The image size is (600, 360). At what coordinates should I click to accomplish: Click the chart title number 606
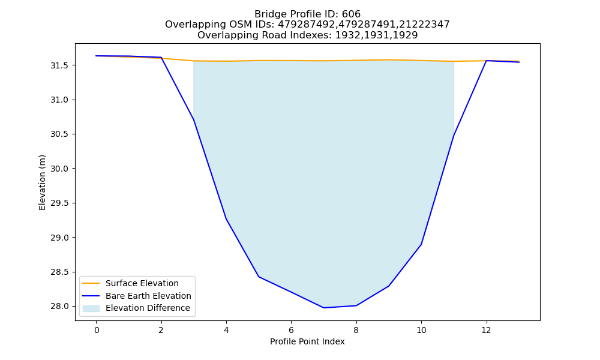351,14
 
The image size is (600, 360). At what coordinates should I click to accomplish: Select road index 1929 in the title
404,35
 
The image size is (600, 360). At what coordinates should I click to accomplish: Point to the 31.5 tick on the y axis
59,65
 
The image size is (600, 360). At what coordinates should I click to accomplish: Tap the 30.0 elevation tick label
59,169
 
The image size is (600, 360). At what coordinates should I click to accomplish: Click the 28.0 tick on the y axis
59,307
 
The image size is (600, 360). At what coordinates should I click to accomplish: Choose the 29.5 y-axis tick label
59,203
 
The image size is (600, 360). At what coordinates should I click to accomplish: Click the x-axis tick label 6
291,330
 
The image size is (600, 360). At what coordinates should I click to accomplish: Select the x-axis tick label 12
486,330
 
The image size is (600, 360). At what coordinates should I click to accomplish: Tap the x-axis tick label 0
97,330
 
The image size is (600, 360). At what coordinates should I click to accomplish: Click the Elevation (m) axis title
42,182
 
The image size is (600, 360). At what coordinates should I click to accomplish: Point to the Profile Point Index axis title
307,341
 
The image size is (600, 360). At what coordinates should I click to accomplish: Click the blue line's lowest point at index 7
324,308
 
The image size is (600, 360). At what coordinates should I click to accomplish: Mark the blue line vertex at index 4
226,219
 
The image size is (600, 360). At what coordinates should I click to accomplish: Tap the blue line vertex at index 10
421,244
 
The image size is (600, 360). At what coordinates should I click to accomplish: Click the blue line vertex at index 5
259,277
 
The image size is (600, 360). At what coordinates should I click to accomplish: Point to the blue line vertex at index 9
389,286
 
